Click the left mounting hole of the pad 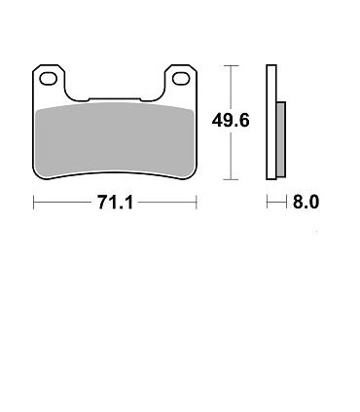pyautogui.click(x=48, y=79)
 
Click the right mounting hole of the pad pyautogui.click(x=181, y=79)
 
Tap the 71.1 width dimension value pyautogui.click(x=115, y=203)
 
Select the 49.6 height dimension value pyautogui.click(x=231, y=121)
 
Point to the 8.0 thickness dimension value pyautogui.click(x=306, y=202)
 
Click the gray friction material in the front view pyautogui.click(x=115, y=140)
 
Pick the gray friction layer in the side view pyautogui.click(x=281, y=139)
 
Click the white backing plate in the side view pyautogui.click(x=271, y=122)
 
